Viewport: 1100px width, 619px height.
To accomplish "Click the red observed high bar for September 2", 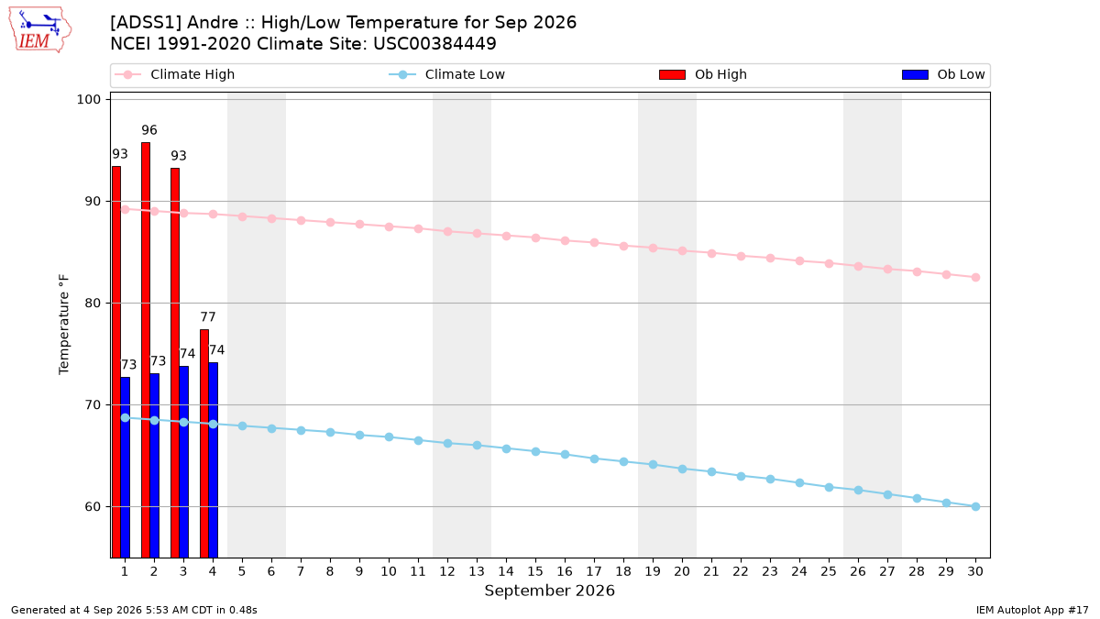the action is [146, 349].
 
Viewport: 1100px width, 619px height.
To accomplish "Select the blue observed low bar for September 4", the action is [213, 459].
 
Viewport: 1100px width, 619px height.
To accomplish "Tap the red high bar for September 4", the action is [204, 444].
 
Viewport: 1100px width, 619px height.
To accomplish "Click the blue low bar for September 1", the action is [126, 467].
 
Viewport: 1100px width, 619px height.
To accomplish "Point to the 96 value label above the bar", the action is [149, 130].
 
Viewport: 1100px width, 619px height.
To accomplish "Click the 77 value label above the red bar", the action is [208, 317].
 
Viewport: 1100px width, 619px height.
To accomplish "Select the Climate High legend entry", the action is [175, 74].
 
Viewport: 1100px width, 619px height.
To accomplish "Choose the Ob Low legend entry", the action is [943, 74].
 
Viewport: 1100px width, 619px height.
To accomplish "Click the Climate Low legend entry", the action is [447, 74].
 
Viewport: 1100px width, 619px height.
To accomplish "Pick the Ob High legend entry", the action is [703, 74].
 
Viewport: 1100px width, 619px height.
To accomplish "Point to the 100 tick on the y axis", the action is [88, 99].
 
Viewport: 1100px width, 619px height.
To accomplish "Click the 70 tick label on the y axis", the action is [93, 404].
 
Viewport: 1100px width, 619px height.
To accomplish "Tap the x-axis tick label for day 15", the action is [535, 571].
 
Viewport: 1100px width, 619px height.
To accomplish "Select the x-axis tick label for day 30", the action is [975, 571].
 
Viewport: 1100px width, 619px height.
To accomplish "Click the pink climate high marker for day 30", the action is [975, 278].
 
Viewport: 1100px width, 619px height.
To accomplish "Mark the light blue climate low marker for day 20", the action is [682, 470].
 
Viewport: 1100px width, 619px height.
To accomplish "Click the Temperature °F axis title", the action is [64, 325].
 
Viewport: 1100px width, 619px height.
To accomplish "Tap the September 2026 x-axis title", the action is [549, 591].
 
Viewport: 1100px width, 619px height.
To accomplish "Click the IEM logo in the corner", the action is [39, 30].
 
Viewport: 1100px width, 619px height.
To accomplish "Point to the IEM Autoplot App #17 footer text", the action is [1032, 610].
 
